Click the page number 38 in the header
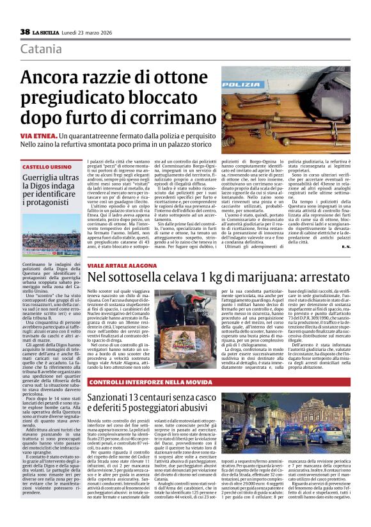coord(25,31)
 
